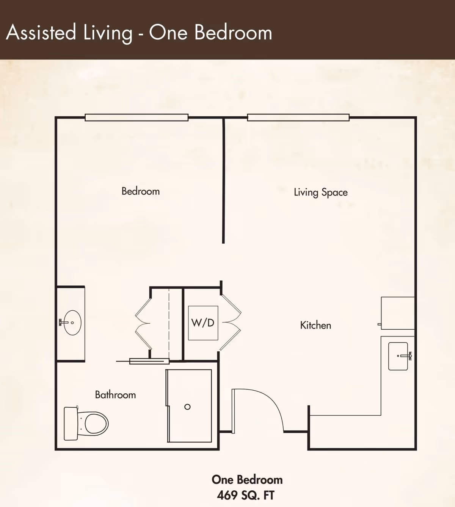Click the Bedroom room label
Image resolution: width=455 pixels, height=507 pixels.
(140, 191)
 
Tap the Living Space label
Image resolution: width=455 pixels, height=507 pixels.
(320, 192)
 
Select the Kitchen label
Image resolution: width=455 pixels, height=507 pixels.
(315, 325)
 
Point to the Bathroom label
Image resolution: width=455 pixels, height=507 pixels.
(115, 394)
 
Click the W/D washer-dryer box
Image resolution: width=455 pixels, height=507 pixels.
(203, 323)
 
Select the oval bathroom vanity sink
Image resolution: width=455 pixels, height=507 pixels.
(72, 323)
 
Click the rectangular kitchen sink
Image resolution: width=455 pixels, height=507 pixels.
(398, 356)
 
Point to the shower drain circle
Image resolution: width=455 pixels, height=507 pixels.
(187, 407)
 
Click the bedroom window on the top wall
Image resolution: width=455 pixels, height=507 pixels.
(136, 117)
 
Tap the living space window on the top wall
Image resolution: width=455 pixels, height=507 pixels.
(298, 117)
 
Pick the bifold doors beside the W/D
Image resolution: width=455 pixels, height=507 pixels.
(231, 323)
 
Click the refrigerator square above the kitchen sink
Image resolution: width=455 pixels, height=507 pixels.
(398, 313)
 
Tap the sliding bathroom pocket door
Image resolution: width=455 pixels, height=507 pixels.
(149, 361)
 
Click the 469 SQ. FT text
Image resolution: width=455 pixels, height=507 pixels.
(246, 495)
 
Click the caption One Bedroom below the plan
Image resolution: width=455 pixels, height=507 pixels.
(247, 480)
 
